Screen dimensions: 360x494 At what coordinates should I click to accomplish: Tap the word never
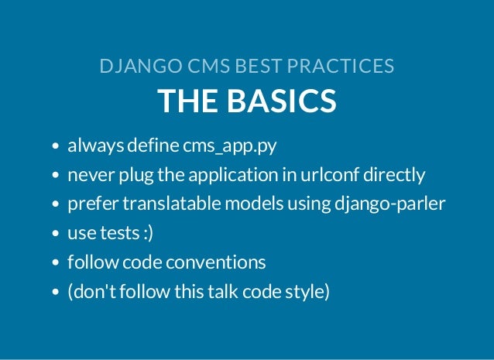click(x=87, y=175)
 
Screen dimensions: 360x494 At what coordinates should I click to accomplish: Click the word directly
click(x=395, y=175)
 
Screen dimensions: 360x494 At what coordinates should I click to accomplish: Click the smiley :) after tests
click(x=146, y=234)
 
